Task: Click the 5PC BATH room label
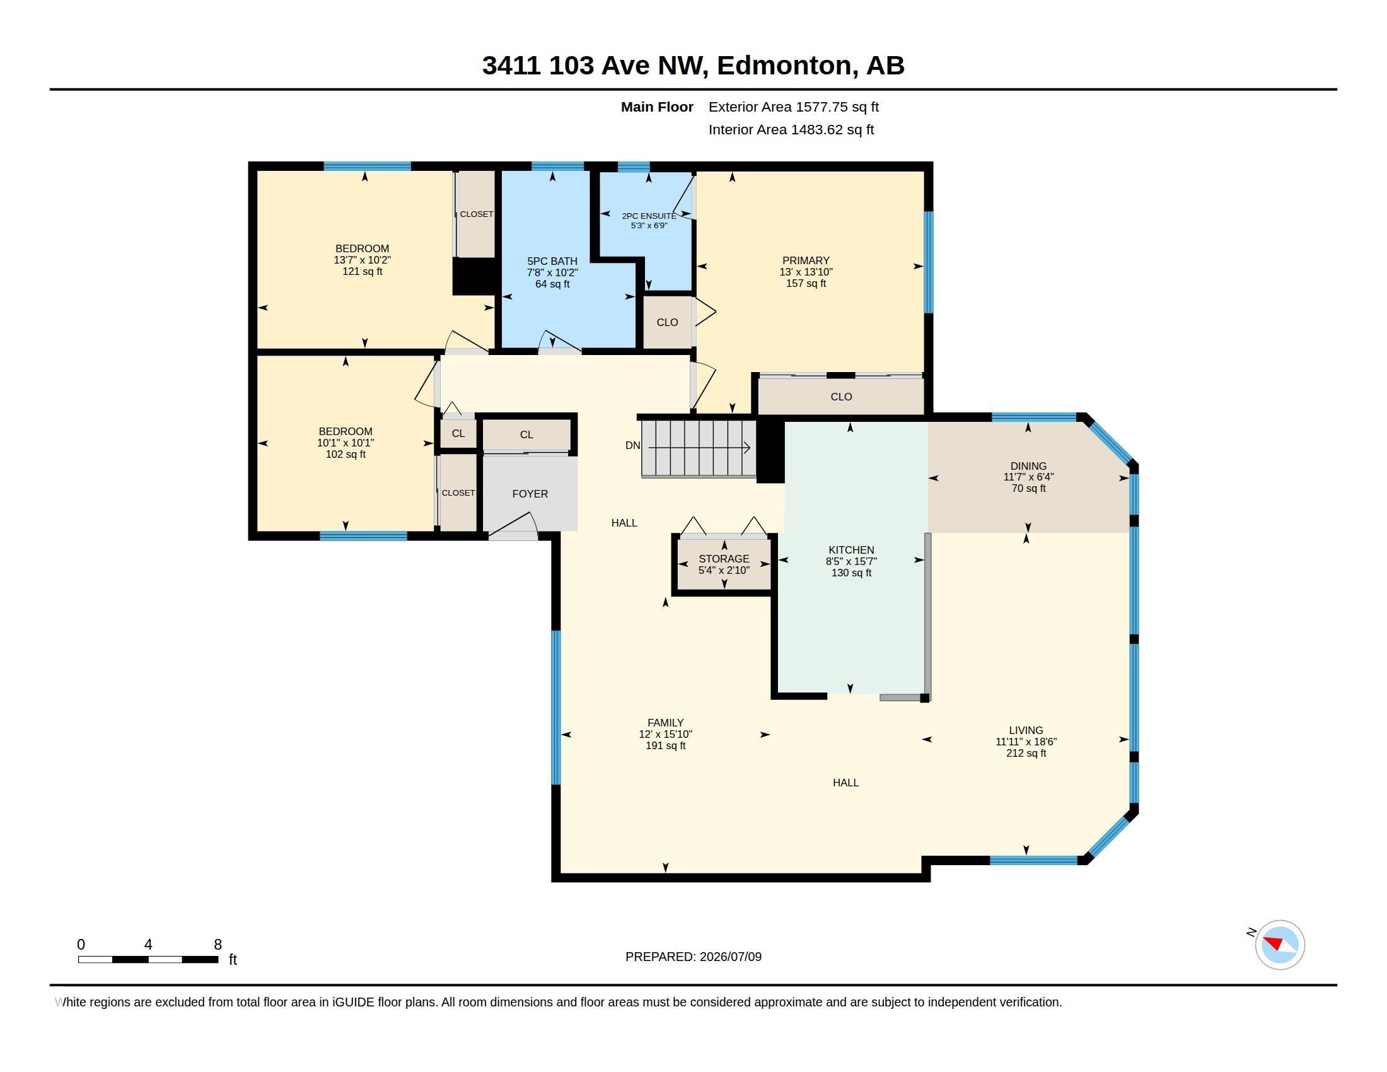coord(552,261)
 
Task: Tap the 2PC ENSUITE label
coord(649,216)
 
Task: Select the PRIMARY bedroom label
coord(806,260)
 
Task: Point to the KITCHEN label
coord(851,550)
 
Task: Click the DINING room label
coord(1028,466)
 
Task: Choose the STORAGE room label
coord(724,559)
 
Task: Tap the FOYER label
coord(530,494)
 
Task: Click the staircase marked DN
coord(699,448)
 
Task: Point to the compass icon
coord(1280,945)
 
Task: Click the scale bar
coord(148,959)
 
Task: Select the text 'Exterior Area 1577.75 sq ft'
coord(794,107)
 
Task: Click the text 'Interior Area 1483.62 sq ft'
coord(791,129)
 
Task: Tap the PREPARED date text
coord(693,957)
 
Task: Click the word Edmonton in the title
coord(784,66)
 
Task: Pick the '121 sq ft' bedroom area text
coord(362,272)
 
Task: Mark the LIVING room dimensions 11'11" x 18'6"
coord(1026,742)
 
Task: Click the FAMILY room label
coord(666,723)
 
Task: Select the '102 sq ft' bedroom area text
coord(345,455)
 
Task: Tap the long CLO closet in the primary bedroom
coord(841,396)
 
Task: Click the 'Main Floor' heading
coord(658,107)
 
